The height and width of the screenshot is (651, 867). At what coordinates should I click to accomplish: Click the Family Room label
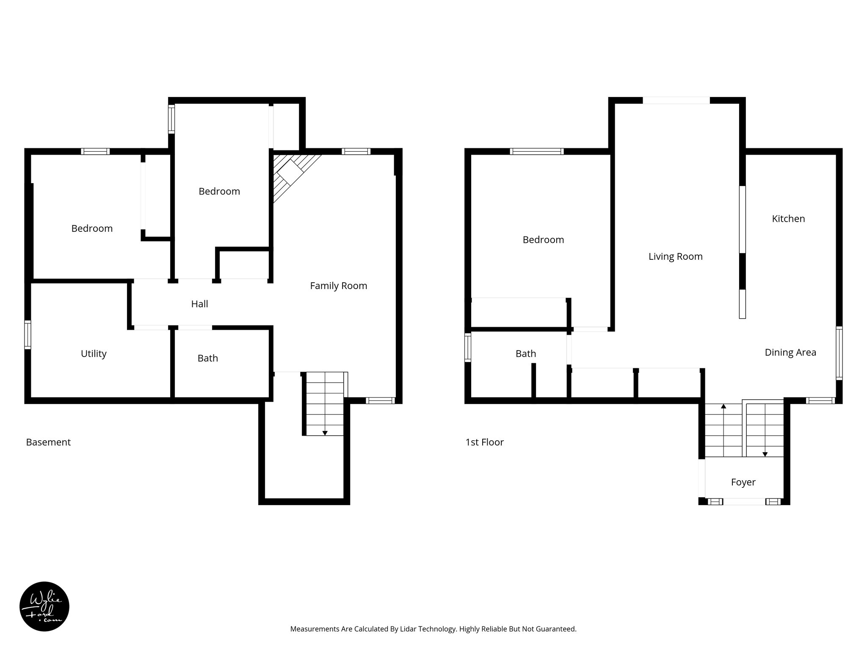click(338, 286)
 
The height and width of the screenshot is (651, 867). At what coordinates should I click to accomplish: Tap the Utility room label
click(94, 353)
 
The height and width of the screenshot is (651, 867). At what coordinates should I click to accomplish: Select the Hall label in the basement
click(199, 304)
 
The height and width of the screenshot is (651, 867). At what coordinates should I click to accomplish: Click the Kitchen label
click(788, 219)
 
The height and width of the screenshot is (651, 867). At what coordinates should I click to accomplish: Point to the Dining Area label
click(790, 352)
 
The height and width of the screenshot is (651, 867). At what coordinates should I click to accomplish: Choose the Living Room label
click(675, 256)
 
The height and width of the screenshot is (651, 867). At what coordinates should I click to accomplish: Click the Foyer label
click(743, 482)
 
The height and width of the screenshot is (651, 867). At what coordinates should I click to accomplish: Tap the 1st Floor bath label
click(525, 353)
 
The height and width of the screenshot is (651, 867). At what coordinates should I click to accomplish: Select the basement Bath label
click(207, 358)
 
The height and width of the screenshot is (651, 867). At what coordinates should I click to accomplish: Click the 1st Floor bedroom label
click(543, 240)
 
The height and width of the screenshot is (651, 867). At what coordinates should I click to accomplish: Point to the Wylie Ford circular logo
click(44, 606)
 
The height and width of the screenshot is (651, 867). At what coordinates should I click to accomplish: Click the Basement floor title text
click(48, 442)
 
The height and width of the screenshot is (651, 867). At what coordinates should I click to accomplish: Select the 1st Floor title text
click(484, 442)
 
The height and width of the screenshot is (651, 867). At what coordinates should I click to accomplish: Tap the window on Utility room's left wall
click(28, 334)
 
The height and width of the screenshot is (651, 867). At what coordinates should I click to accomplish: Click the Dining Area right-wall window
click(839, 353)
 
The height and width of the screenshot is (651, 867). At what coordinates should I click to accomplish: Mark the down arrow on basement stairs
click(325, 433)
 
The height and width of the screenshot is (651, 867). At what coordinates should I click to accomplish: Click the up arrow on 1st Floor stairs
click(723, 406)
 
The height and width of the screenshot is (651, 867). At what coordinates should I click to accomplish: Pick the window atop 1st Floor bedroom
click(536, 151)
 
